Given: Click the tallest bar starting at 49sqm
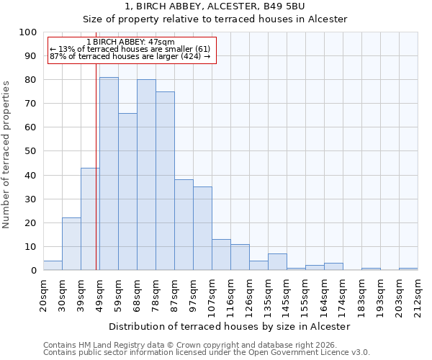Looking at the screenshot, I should click(109, 174).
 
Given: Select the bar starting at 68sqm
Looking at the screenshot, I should click(146, 175).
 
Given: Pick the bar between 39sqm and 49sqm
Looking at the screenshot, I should click(90, 219).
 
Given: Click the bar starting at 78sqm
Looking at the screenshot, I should click(165, 181).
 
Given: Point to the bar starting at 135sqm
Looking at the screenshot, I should click(277, 262).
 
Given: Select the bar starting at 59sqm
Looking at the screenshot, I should click(127, 192).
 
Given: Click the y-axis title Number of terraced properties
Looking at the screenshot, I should click(6, 155).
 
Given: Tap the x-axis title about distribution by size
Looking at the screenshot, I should click(230, 326).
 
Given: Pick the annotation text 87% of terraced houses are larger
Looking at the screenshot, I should click(130, 56).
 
